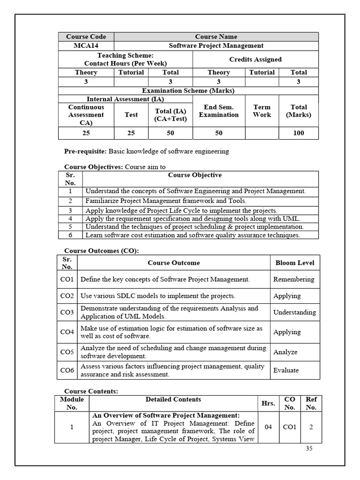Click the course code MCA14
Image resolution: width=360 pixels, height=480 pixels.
point(86,45)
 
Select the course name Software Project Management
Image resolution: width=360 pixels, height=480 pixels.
point(216,45)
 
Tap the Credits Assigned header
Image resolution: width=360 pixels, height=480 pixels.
point(255,60)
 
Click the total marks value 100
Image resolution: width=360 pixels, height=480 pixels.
point(299,133)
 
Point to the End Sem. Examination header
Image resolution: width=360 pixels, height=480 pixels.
point(219,111)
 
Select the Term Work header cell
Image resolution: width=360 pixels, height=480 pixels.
point(262,111)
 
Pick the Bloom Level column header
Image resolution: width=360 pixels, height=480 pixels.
point(295,263)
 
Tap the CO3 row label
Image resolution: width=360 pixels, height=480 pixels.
point(67,312)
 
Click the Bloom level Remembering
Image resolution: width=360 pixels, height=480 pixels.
point(294,279)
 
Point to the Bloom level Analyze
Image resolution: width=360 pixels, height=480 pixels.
point(285,352)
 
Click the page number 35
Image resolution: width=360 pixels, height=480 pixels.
point(309,448)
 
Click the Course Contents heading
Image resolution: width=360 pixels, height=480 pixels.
point(91,391)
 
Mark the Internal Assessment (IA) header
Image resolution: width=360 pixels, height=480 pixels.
point(125,99)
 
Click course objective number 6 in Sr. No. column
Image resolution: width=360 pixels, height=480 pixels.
point(70,235)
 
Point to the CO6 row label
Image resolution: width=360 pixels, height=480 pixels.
point(67,370)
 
